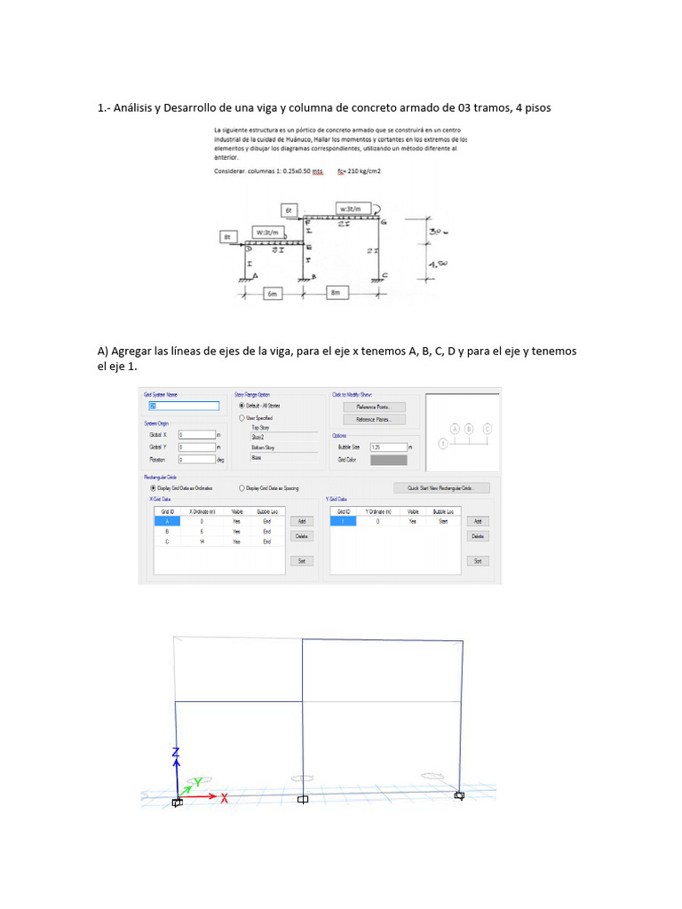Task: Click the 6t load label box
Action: [289, 209]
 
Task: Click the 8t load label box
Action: [229, 237]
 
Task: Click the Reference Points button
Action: [374, 407]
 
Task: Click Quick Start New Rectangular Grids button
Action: [441, 487]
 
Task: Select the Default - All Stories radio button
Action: [242, 406]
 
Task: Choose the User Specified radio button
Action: [242, 417]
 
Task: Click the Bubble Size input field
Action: [388, 447]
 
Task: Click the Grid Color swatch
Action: [388, 460]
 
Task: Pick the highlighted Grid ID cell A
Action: [166, 522]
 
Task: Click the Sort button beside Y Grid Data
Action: [478, 561]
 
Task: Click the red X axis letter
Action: [225, 798]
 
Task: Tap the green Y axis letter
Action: [199, 781]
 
